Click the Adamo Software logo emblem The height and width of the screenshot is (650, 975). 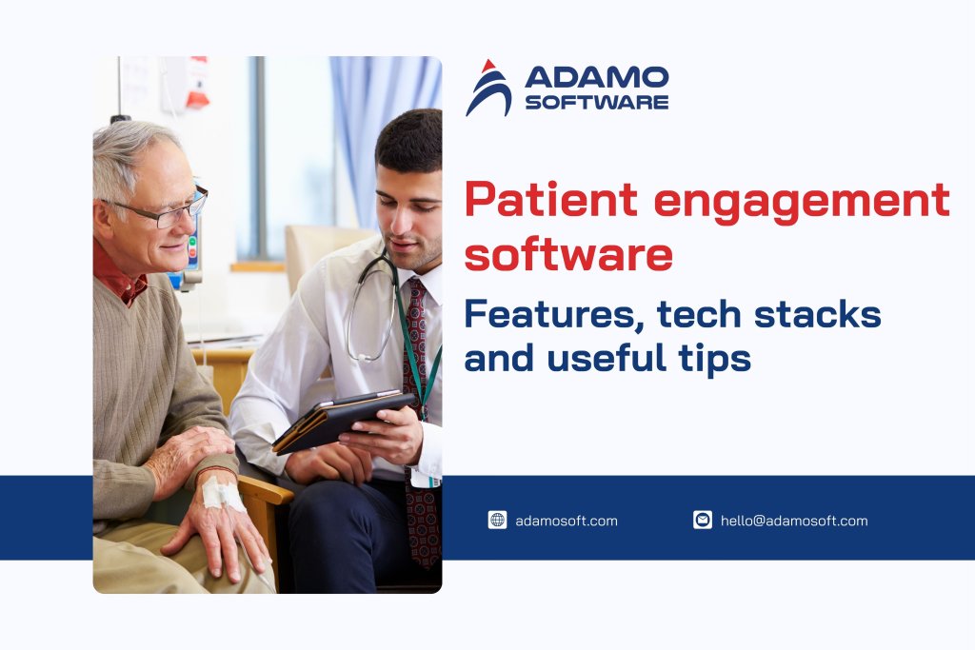488,89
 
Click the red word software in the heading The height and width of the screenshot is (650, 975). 568,255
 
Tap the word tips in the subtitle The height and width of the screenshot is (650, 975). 712,359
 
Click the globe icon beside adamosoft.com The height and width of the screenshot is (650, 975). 497,520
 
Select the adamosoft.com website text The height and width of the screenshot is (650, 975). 566,521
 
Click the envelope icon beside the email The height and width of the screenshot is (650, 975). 702,520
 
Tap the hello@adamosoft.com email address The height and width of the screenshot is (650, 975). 794,521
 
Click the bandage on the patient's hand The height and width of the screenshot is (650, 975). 221,494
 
